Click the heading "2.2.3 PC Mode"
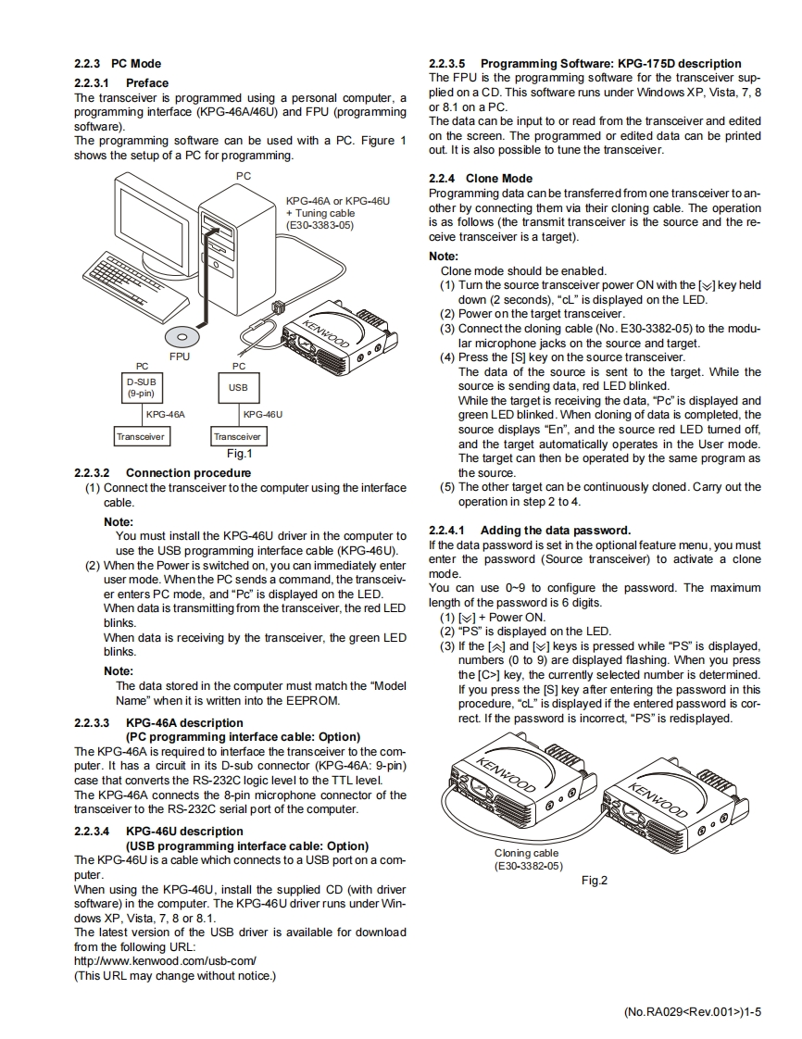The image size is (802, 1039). pos(117,64)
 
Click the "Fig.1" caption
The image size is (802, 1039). pos(239,454)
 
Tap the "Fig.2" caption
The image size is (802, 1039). pos(594,881)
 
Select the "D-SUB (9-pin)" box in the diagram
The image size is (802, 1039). pos(142,386)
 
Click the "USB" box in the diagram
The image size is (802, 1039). pos(238,387)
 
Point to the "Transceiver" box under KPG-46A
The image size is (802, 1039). pos(141,436)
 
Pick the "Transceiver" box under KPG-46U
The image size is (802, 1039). pos(238,436)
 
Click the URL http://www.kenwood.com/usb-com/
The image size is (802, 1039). pos(165,961)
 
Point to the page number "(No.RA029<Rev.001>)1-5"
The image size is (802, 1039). pos(692,1012)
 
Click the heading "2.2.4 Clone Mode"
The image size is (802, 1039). pos(481,178)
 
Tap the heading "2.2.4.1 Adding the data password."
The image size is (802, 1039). pos(530,531)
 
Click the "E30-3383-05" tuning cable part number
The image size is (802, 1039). pos(320,225)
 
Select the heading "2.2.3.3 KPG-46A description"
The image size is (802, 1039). pos(158,722)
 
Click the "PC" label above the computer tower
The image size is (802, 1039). pos(244,175)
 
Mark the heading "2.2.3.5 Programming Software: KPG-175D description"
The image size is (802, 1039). pos(585,63)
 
